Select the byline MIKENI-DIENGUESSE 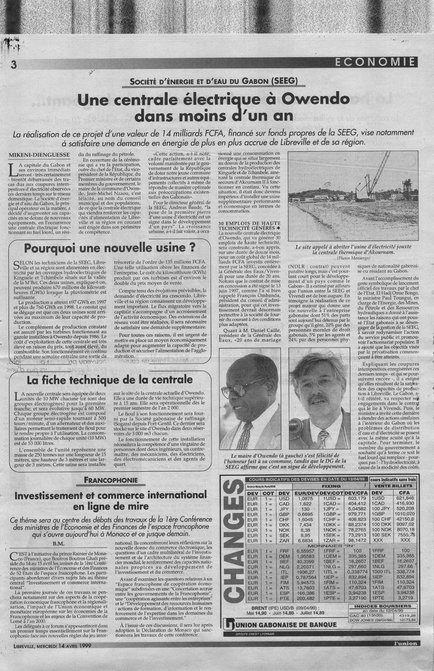(40, 155)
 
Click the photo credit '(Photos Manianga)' (355, 260)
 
